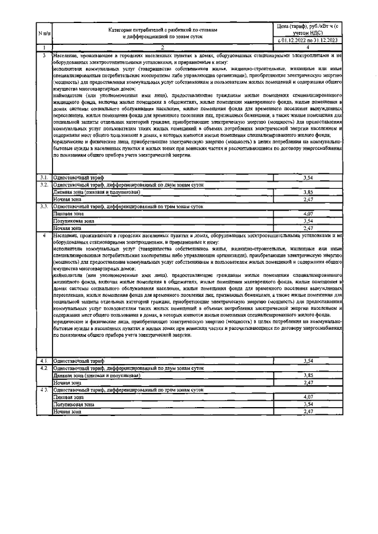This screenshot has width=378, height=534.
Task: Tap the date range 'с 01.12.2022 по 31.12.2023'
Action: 307,41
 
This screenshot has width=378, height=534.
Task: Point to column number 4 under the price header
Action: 307,47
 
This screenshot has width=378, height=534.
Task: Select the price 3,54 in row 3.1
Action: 307,177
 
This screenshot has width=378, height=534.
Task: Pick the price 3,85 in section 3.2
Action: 307,192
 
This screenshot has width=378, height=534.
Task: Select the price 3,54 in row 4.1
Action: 307,360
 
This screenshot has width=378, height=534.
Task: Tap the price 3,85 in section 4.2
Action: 307,375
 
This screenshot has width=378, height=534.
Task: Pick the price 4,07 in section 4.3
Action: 307,397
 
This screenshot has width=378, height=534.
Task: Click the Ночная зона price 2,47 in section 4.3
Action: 307,411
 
